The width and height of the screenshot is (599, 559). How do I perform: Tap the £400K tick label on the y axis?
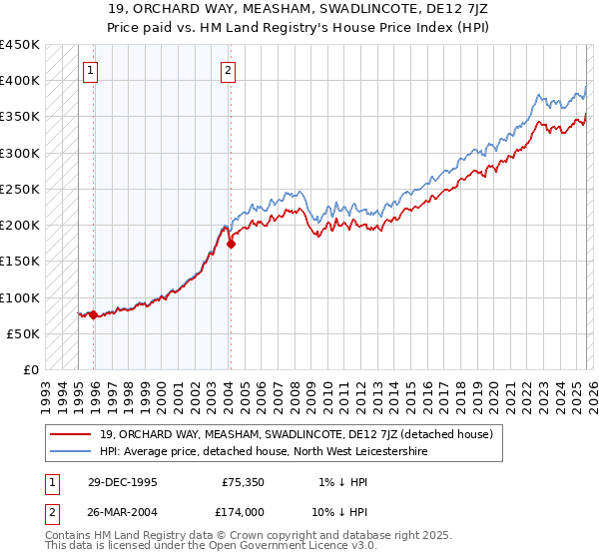20,81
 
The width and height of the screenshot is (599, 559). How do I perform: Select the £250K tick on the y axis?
20,189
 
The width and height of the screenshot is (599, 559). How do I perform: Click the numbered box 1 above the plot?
91,70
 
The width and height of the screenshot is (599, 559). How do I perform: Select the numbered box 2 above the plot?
228,70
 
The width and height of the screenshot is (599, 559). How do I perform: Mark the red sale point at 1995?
94,315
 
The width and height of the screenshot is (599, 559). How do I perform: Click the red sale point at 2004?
231,244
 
